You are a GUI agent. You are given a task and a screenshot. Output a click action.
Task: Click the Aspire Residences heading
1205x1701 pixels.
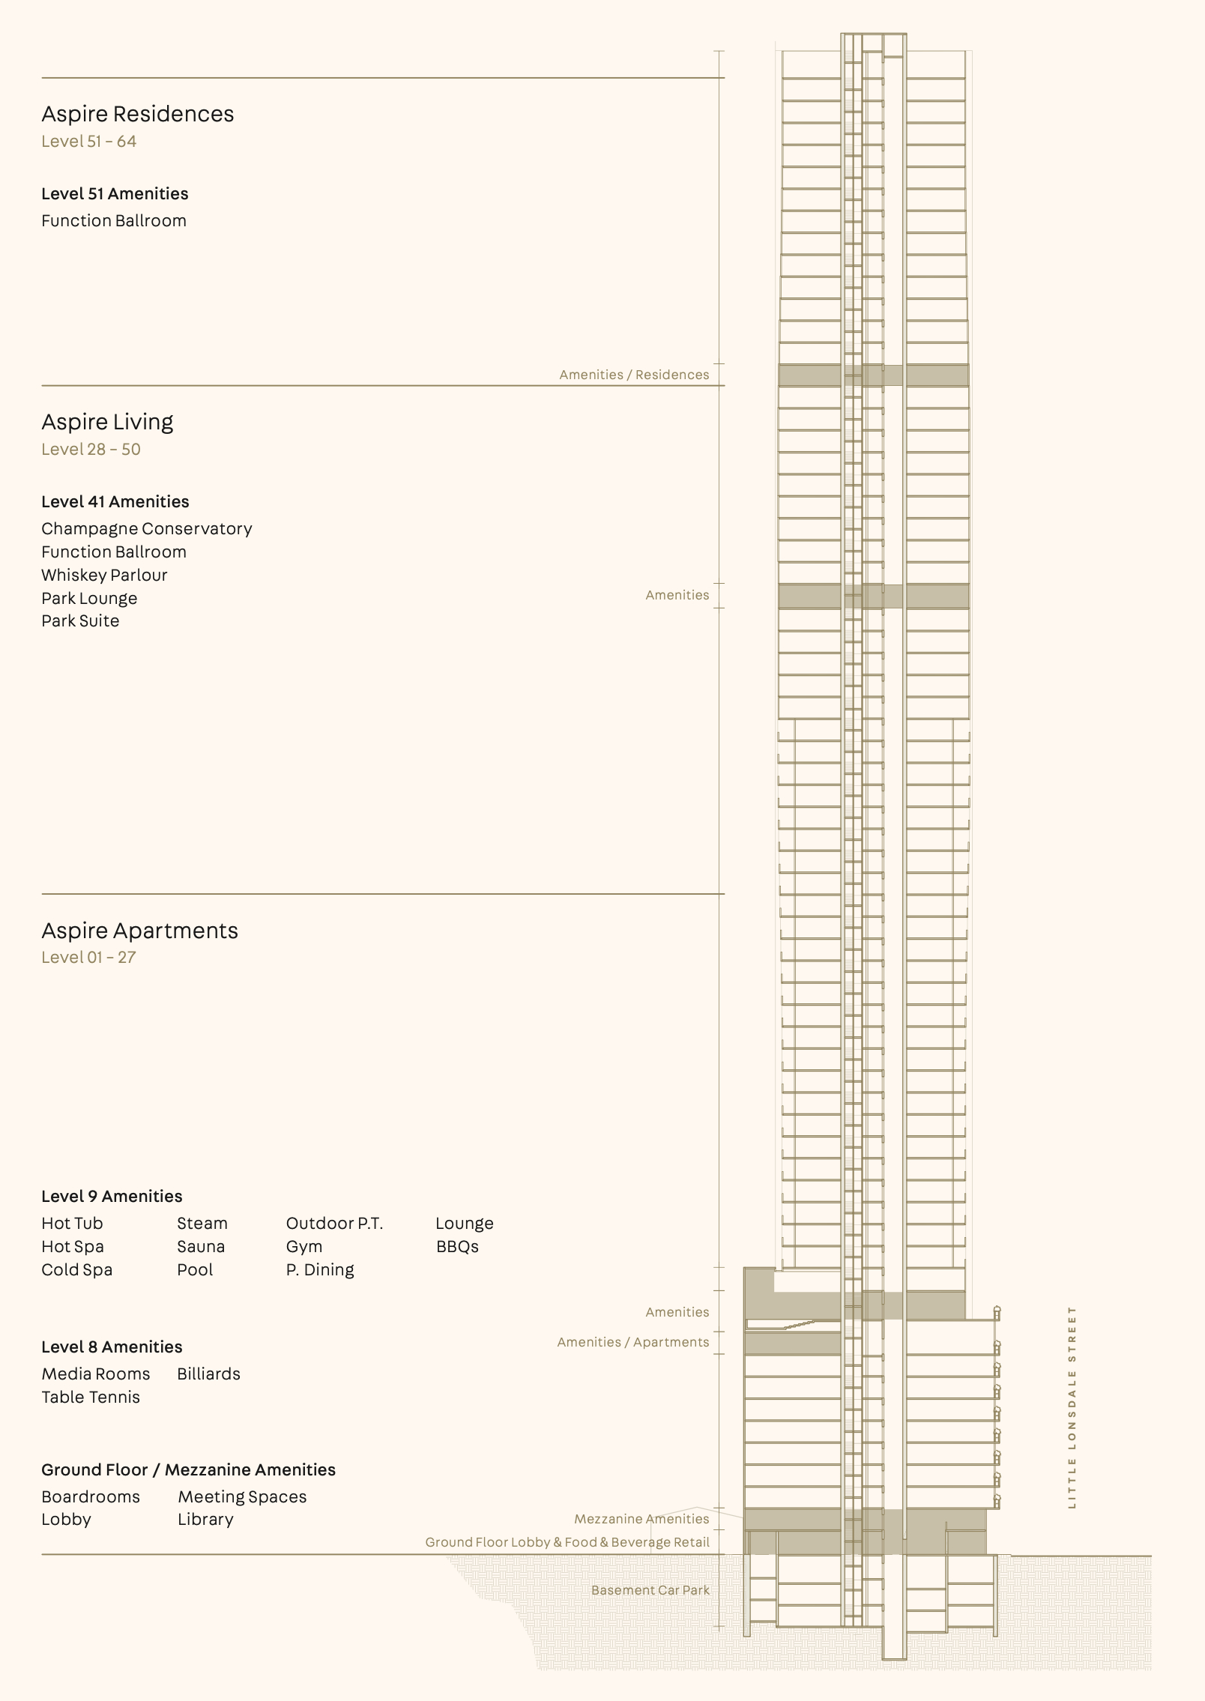137,114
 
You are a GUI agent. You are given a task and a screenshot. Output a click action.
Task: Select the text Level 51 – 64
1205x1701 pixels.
88,142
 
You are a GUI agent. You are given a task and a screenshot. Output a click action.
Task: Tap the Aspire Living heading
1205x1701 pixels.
107,422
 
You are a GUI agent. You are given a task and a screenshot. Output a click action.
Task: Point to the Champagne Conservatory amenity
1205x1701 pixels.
146,529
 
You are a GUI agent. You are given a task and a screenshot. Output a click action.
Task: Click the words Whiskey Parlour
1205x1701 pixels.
104,575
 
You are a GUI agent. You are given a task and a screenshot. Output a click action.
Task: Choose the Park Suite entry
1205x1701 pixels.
80,621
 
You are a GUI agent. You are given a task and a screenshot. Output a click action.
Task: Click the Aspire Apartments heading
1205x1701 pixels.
139,931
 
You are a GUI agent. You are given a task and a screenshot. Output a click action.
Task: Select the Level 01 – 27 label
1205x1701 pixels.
88,958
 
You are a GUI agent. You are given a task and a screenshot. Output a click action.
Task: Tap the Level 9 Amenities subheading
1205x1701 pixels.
112,1197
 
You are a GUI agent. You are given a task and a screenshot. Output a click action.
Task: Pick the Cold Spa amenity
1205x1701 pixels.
76,1270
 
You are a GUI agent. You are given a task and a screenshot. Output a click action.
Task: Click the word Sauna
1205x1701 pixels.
201,1247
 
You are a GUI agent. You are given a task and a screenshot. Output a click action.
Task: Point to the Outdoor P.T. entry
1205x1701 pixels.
334,1224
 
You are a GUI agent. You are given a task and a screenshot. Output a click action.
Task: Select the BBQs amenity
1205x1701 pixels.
457,1247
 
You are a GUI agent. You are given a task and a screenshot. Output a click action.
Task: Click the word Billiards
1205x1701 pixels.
208,1374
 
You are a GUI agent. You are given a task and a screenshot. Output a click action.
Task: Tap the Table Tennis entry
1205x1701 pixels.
91,1398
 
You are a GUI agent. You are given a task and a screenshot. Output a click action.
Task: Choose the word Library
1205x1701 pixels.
205,1520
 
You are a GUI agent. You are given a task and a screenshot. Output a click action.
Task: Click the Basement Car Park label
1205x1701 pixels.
650,1590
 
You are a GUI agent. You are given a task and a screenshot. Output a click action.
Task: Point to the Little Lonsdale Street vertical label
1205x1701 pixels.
1072,1407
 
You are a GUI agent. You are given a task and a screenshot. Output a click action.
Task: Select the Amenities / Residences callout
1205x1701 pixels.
634,375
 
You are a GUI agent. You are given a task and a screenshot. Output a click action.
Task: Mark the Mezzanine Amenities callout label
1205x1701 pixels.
641,1519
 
